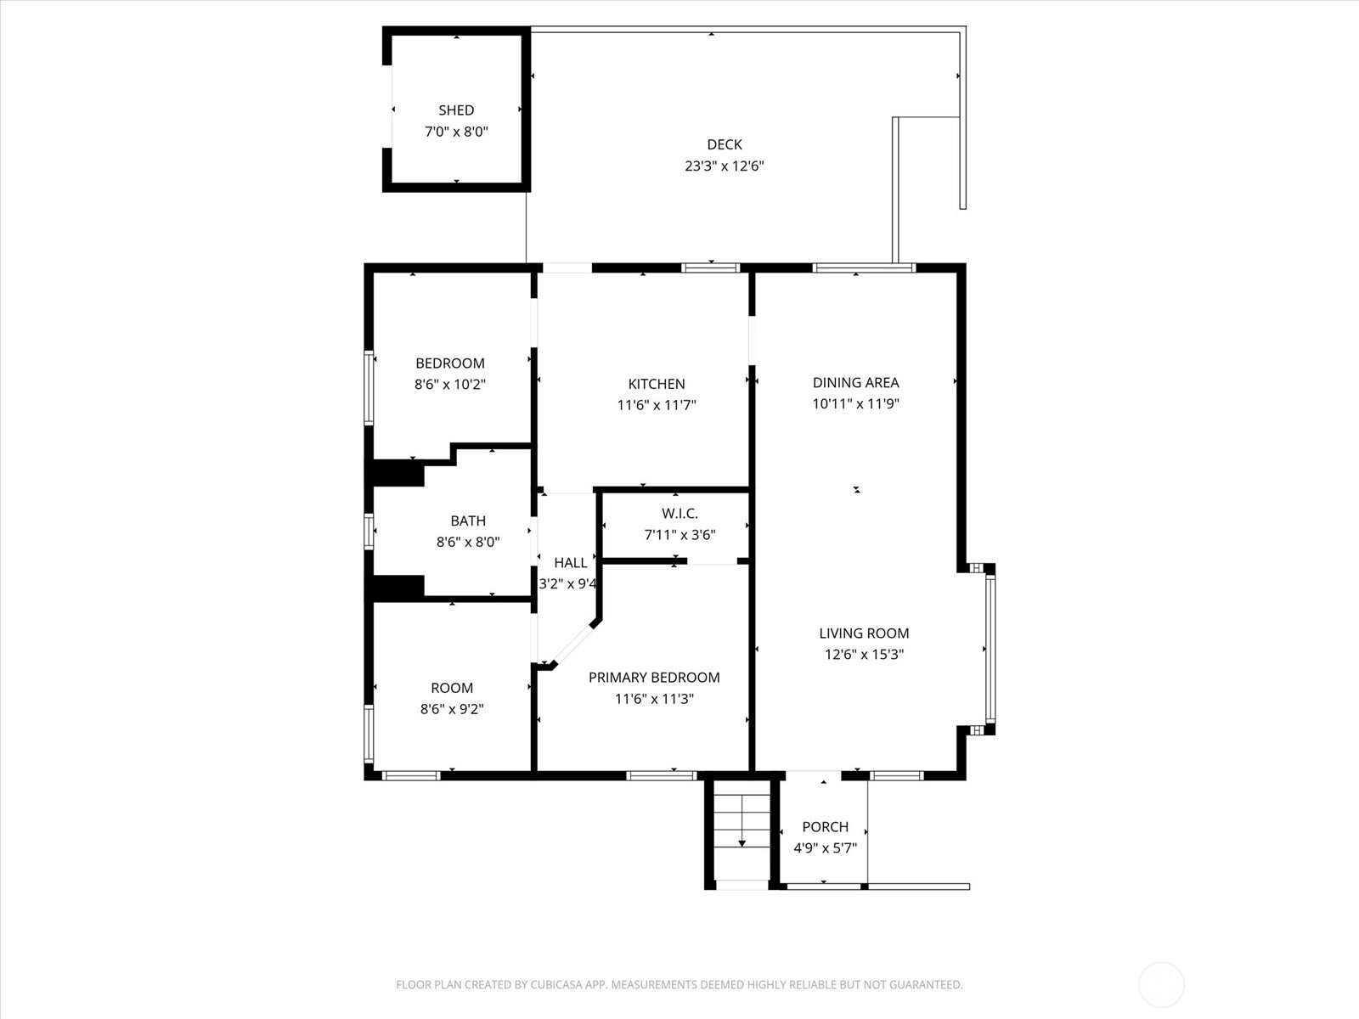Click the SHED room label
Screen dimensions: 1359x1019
(x=456, y=110)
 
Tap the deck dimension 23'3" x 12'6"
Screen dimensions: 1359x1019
(x=725, y=166)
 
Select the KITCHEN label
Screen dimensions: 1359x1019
(x=657, y=384)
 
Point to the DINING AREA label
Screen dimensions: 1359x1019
(x=855, y=383)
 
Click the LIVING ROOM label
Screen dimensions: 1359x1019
(x=864, y=633)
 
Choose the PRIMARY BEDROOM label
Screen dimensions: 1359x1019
(x=654, y=678)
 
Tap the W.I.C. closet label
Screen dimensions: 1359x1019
(x=679, y=514)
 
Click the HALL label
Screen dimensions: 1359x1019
(x=570, y=563)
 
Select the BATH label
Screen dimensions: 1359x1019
(x=468, y=521)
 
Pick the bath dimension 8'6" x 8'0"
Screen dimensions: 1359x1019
(x=468, y=542)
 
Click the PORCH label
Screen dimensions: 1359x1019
(x=826, y=826)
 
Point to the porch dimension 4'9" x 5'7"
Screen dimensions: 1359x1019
(x=826, y=847)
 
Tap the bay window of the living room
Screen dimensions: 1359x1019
(x=990, y=649)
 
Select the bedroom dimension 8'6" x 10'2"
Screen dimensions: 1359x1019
(x=450, y=384)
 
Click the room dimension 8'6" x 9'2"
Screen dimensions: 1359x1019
(x=452, y=709)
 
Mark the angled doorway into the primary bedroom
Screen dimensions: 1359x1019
(x=573, y=644)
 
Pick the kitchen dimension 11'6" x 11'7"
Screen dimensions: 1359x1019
(x=657, y=405)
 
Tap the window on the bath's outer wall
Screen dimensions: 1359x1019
(x=369, y=531)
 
